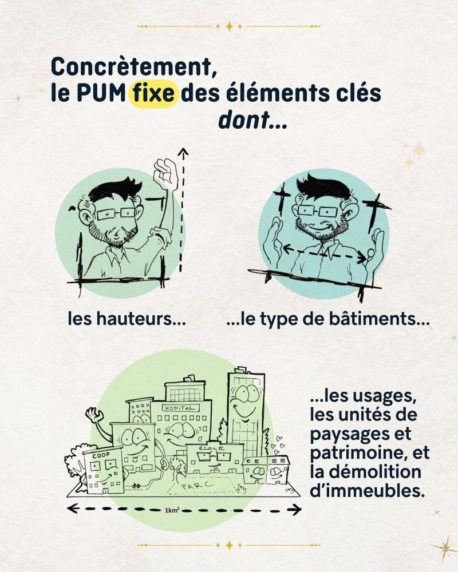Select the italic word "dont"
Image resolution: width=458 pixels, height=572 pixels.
pyautogui.click(x=244, y=120)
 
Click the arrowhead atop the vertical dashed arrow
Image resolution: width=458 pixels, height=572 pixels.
pyautogui.click(x=183, y=153)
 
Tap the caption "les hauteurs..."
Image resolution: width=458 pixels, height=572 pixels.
pyautogui.click(x=127, y=319)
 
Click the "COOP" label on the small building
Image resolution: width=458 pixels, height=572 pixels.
pyautogui.click(x=101, y=456)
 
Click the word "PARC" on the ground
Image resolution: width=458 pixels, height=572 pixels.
pyautogui.click(x=198, y=485)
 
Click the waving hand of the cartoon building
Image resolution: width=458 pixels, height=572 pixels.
pyautogui.click(x=94, y=414)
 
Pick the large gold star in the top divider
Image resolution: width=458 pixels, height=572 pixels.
pyautogui.click(x=229, y=26)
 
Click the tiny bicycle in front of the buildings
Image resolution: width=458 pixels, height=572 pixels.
pyautogui.click(x=136, y=486)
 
